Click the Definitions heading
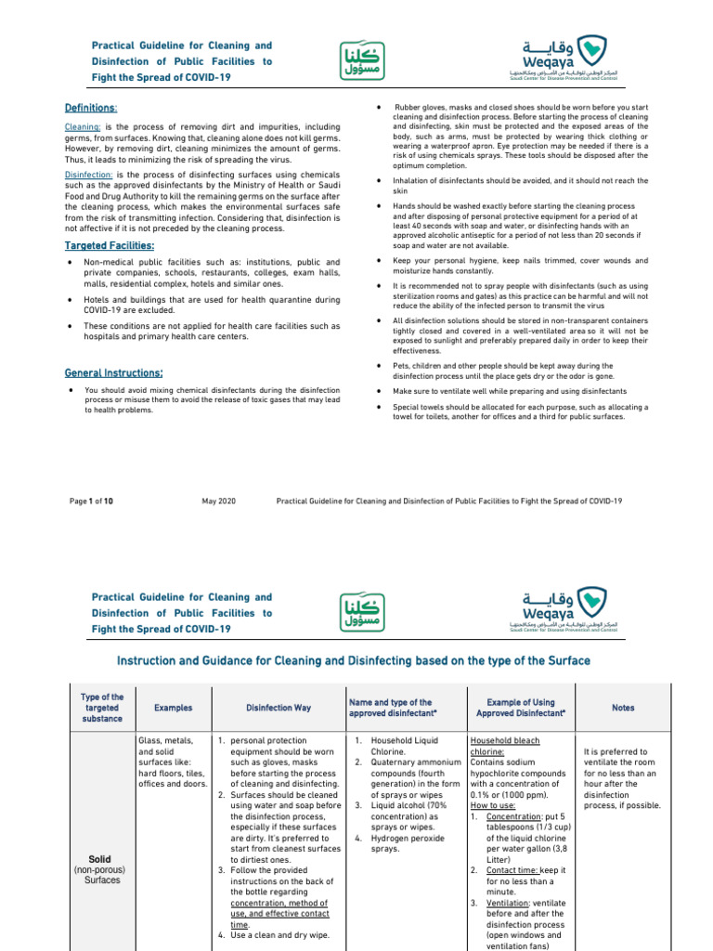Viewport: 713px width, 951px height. tap(90, 109)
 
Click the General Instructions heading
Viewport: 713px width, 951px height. tap(113, 373)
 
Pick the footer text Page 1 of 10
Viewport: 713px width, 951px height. tap(91, 502)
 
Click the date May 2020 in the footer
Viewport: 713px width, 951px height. tap(218, 502)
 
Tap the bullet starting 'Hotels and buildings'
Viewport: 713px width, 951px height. tap(211, 306)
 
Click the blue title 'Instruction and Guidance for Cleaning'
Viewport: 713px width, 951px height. tap(353, 660)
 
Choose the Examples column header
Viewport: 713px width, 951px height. tap(173, 708)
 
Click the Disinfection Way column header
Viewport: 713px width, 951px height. tap(279, 708)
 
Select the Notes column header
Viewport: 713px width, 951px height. tap(623, 708)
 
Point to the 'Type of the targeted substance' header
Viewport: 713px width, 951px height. tap(102, 708)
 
